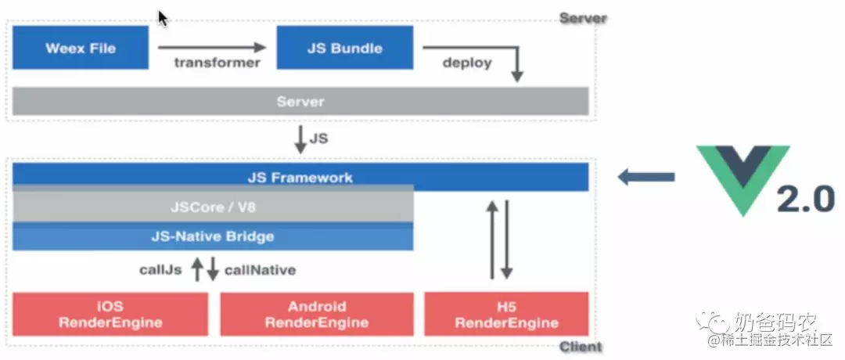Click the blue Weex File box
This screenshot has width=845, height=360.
point(81,48)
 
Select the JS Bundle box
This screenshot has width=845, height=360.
point(345,48)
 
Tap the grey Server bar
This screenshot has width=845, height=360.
point(300,101)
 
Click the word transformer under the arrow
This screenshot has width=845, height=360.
point(218,63)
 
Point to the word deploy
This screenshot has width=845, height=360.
point(467,63)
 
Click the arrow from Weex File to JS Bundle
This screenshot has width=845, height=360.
point(212,48)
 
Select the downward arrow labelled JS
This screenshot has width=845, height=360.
point(300,139)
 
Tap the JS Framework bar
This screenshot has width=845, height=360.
point(300,178)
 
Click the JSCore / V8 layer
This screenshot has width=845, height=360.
point(213,206)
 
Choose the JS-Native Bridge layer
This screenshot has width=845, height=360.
point(213,236)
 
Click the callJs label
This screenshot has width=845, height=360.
point(161,269)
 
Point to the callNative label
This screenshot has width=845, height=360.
point(260,269)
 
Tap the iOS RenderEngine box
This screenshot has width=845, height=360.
point(110,314)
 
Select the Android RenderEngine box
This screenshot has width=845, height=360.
point(317,314)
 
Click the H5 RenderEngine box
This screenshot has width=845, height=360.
point(506,314)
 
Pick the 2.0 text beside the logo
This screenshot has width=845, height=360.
point(805,200)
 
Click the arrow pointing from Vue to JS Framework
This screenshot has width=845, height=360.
point(645,177)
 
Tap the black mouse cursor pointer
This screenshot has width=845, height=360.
point(163,18)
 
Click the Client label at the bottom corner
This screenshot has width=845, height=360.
point(581,347)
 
